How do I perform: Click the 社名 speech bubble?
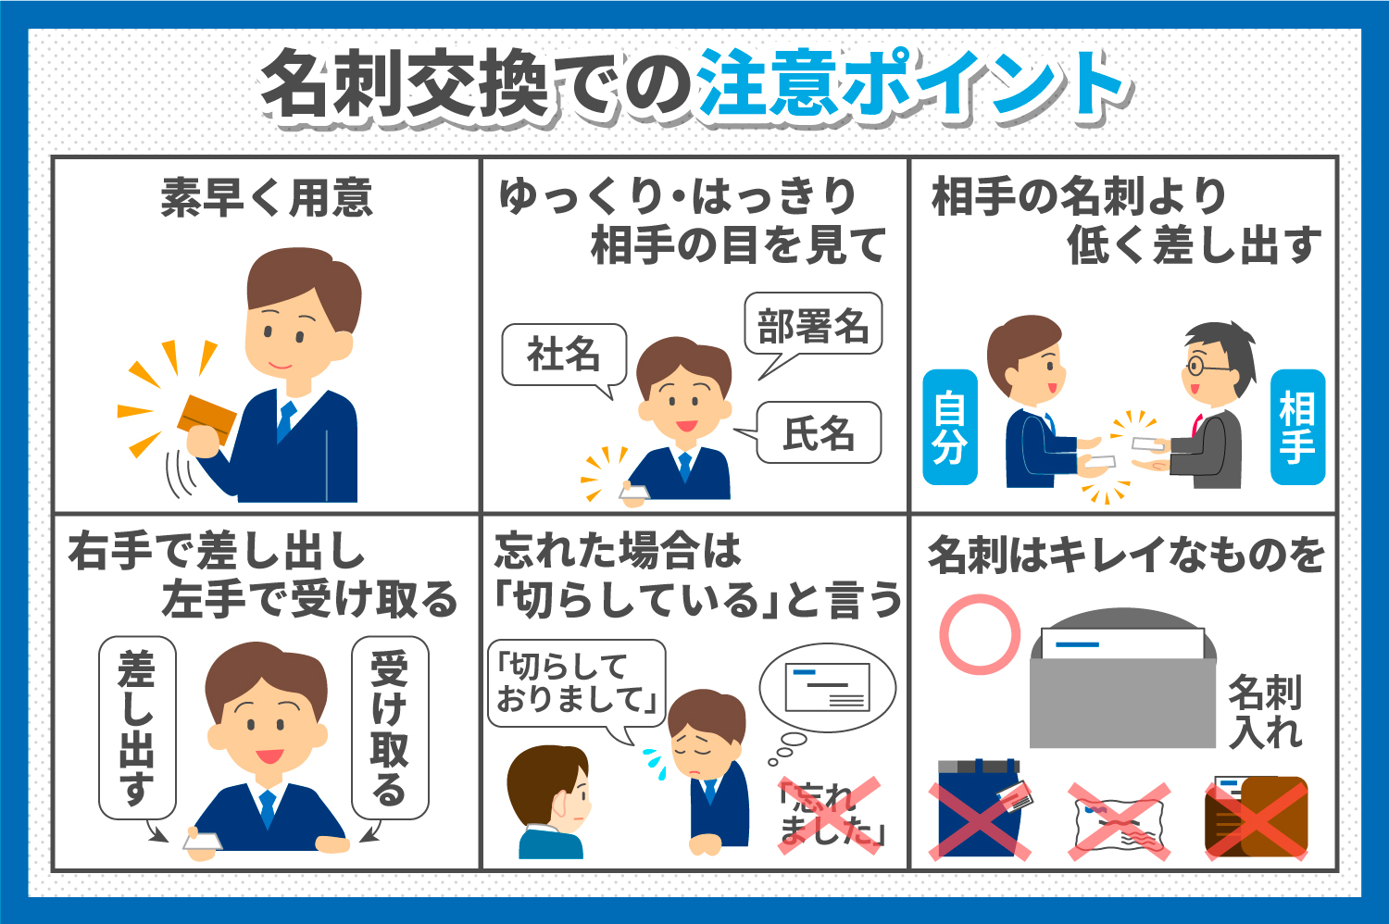563,355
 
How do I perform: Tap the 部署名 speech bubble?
812,326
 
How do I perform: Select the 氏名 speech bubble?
819,432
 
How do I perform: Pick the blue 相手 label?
1297,427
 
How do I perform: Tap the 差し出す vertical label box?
136,727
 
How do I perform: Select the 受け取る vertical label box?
390,727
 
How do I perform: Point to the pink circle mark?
979,634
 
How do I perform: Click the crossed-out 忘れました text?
828,814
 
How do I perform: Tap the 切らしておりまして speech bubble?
575,683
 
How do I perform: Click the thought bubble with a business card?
827,687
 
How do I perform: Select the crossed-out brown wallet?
1257,818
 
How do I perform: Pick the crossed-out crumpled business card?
1119,819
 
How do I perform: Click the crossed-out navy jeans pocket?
980,810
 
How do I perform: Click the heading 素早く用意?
266,197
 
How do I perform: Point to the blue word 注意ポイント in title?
911,85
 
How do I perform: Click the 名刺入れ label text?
1265,711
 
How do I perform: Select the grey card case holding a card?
1122,685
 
